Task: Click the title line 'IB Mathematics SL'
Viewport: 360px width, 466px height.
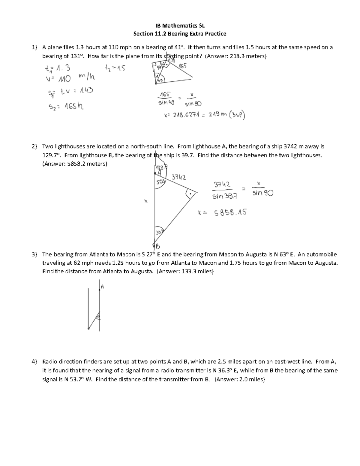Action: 179,25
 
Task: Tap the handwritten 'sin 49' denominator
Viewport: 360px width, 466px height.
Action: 166,103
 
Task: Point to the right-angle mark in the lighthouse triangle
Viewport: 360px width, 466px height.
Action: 190,194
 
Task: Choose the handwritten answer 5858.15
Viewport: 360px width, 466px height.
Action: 230,212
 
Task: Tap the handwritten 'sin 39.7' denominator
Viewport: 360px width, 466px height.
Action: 225,196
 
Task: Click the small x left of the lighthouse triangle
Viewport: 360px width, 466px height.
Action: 146,201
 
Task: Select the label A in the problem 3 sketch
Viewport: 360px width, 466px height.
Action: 102,287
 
